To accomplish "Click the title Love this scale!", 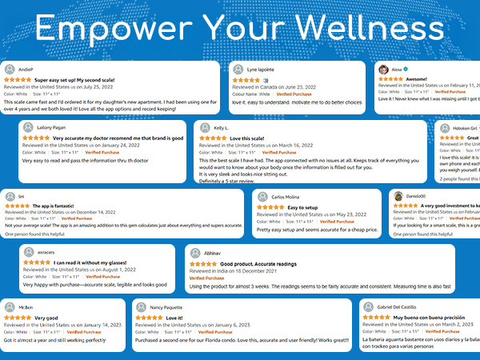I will point(247,138).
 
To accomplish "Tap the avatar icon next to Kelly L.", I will point(204,128).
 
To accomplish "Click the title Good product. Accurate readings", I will point(258,264).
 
